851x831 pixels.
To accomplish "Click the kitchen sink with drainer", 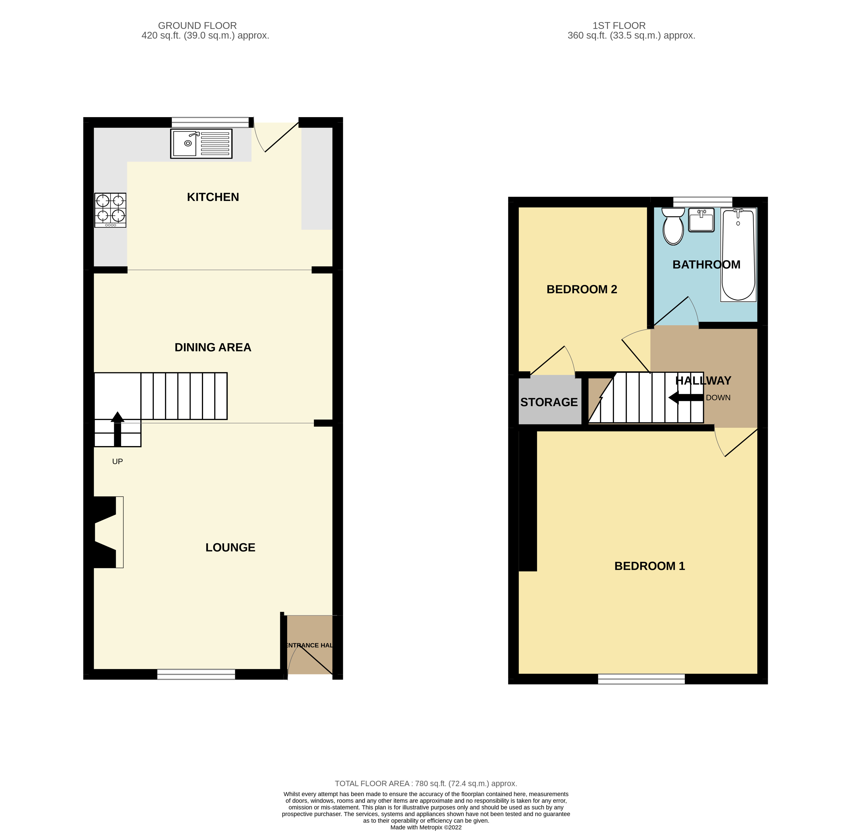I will [201, 144].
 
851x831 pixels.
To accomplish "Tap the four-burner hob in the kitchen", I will [111, 210].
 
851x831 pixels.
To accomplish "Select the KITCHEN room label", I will [213, 197].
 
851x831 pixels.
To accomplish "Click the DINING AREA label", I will [213, 347].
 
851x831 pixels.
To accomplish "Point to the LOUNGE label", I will [231, 547].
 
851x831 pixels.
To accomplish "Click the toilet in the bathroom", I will [673, 226].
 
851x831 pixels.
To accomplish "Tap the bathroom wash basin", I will [701, 220].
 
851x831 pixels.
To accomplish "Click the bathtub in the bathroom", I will [738, 255].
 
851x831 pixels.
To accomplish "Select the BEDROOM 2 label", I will [582, 289].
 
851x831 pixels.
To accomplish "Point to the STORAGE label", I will [549, 402].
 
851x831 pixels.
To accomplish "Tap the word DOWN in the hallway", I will [718, 398].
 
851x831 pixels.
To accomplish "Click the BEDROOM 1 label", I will [649, 566].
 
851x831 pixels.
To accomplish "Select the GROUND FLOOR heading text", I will [197, 26].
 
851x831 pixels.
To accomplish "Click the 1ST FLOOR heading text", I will [619, 26].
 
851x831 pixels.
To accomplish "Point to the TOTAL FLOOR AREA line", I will [426, 783].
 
